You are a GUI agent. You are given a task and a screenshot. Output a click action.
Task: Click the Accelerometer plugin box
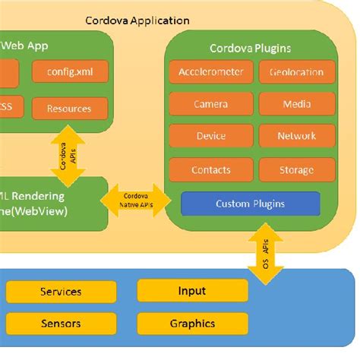[210, 72]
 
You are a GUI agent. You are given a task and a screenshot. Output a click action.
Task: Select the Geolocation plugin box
[297, 72]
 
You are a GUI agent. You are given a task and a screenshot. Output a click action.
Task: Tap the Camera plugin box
[210, 104]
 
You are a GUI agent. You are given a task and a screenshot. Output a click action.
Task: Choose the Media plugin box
[297, 104]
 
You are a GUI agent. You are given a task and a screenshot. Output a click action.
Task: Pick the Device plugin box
[210, 136]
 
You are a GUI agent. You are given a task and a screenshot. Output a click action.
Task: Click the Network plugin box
[297, 136]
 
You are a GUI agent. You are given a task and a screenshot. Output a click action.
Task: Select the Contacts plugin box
[210, 169]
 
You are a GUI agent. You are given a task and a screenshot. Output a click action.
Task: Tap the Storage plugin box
[297, 169]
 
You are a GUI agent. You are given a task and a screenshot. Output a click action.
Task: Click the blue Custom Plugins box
[250, 204]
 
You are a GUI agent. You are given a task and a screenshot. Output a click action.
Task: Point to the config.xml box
[70, 72]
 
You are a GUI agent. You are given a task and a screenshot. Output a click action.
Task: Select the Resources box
[69, 109]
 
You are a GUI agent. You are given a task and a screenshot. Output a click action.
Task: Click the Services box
[61, 292]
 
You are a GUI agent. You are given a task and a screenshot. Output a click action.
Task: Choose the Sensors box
[61, 324]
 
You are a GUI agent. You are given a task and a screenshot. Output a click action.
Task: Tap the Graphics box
[192, 324]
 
